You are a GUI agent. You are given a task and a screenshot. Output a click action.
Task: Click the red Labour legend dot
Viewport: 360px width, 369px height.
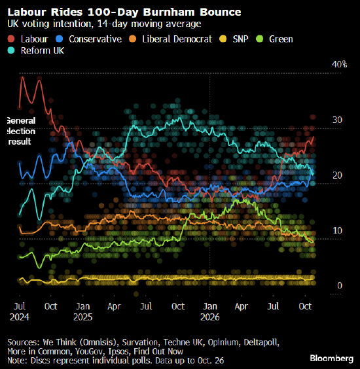pyautogui.click(x=11, y=39)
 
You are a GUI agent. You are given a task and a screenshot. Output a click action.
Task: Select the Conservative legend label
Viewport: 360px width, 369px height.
pyautogui.click(x=95, y=39)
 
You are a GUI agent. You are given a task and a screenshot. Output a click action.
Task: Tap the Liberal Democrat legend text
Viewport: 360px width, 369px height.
pyautogui.click(x=177, y=39)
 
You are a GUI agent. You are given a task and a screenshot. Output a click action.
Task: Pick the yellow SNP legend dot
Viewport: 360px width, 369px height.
pyautogui.click(x=223, y=39)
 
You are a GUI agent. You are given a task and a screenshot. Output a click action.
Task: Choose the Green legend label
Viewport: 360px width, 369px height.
pyautogui.click(x=281, y=39)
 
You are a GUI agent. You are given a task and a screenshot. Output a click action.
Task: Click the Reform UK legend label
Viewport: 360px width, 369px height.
pyautogui.click(x=43, y=50)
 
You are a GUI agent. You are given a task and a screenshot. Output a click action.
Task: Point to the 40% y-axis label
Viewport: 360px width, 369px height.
pyautogui.click(x=339, y=64)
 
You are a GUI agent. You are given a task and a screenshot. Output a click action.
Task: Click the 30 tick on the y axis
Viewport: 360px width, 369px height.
pyautogui.click(x=337, y=120)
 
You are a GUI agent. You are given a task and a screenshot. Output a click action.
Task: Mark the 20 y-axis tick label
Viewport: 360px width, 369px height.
pyautogui.click(x=337, y=175)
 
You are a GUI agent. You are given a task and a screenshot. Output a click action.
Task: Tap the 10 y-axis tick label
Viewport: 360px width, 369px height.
pyautogui.click(x=337, y=230)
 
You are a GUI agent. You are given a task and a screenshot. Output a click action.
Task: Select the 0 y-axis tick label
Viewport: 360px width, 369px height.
pyautogui.click(x=340, y=285)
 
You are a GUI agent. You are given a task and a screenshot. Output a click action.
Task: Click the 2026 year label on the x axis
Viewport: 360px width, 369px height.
pyautogui.click(x=210, y=317)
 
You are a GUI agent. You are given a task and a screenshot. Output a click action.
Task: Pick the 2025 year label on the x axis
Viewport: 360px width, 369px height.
pyautogui.click(x=83, y=317)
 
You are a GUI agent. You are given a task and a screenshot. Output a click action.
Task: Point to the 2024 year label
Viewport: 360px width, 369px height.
pyautogui.click(x=19, y=317)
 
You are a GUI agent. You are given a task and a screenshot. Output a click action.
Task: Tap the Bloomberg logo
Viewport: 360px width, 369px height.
pyautogui.click(x=331, y=358)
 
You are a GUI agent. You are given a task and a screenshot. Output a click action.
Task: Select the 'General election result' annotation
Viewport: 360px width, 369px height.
pyautogui.click(x=21, y=131)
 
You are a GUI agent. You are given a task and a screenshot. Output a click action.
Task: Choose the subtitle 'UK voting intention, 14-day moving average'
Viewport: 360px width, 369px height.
pyautogui.click(x=104, y=24)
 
